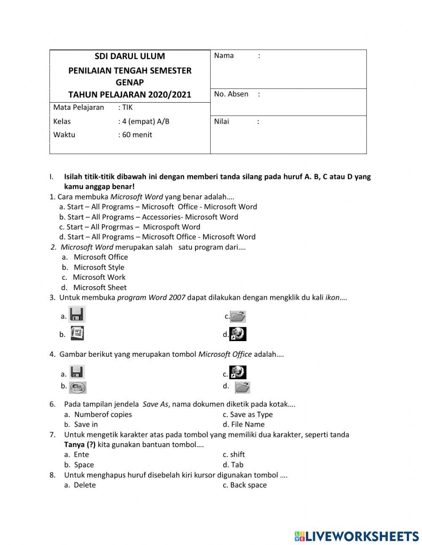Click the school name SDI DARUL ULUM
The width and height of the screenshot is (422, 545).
click(130, 56)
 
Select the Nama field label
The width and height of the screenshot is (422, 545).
click(224, 56)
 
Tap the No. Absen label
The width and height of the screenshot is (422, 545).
click(231, 94)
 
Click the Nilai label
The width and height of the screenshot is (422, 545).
click(222, 122)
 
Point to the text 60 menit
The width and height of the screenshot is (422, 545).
click(137, 135)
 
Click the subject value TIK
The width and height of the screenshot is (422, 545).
click(127, 107)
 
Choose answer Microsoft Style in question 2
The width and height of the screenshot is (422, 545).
click(99, 267)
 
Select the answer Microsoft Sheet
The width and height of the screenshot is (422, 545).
click(100, 287)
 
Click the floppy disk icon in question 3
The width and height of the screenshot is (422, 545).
click(77, 315)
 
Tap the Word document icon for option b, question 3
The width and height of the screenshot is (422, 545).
click(77, 334)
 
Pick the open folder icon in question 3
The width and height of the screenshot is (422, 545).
click(238, 316)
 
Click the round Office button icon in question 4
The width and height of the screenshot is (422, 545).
click(78, 387)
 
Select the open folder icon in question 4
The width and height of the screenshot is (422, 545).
click(242, 387)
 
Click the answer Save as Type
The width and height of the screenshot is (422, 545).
click(251, 415)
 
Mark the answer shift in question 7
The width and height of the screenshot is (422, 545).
click(237, 455)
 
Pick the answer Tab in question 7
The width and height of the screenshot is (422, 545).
click(237, 465)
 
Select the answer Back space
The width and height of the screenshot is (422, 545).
click(248, 485)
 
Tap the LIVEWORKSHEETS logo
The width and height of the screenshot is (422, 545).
click(356, 536)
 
